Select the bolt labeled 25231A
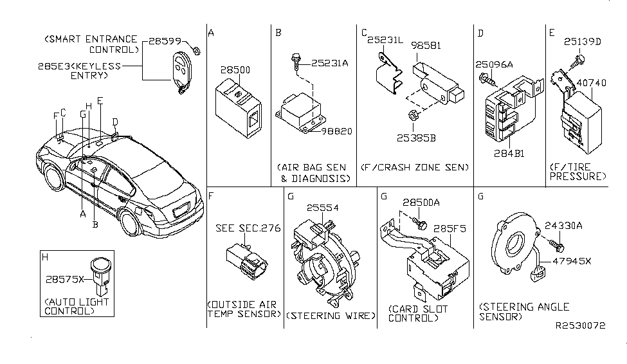click(294, 62)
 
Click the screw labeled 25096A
click(485, 79)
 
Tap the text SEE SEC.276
click(248, 228)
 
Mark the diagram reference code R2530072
click(581, 325)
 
